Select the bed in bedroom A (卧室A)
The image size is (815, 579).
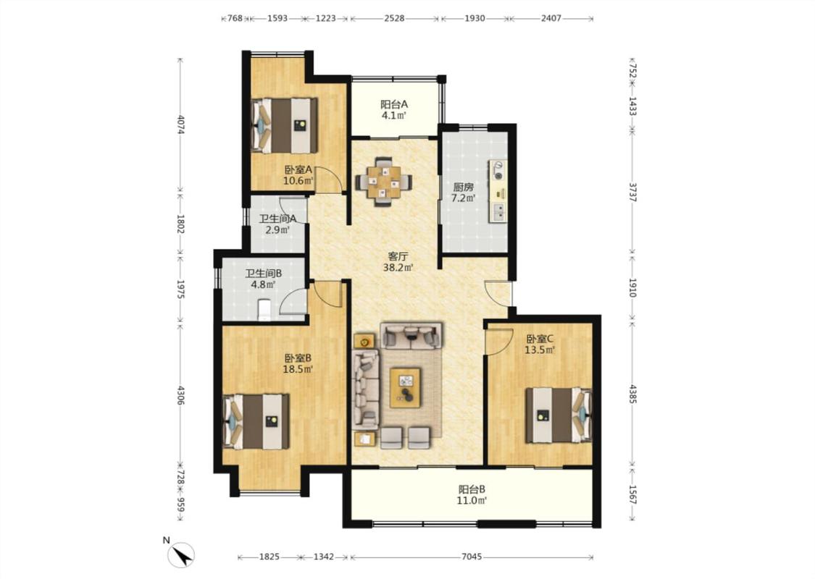pos(284,125)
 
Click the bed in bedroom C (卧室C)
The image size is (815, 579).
pos(559,415)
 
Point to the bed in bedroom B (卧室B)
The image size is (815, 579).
pos(256,421)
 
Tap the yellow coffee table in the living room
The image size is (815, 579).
pos(406,387)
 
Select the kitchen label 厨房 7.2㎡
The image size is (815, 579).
pos(463,192)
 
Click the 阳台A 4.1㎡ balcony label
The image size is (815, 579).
pos(394,109)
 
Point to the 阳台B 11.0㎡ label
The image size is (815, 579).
pos(472,495)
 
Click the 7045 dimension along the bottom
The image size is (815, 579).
pos(472,557)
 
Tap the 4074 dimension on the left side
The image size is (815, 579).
pos(180,124)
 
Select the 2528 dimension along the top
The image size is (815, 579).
pos(394,18)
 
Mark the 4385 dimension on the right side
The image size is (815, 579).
pos(632,394)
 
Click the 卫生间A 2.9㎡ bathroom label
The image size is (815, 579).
pos(277,224)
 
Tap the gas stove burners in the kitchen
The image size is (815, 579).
pos(498,170)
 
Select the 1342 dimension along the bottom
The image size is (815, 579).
pos(323,557)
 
